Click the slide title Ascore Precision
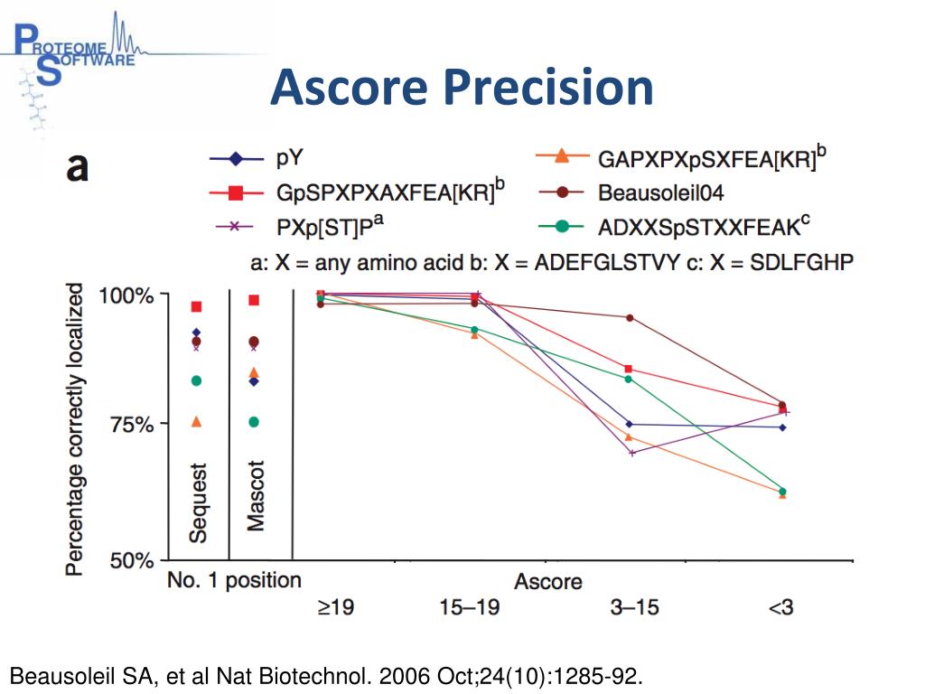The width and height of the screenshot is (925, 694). coord(462,89)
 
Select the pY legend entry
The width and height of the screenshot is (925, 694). coord(289,160)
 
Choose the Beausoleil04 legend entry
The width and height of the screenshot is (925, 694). coord(660,192)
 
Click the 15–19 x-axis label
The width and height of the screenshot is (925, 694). coord(469,608)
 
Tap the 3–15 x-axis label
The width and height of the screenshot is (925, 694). coord(629,608)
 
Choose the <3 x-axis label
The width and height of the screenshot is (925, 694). coord(780,608)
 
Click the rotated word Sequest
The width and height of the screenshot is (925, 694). coord(198,502)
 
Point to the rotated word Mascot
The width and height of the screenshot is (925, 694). coord(256,496)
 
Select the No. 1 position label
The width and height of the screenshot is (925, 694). coord(233,580)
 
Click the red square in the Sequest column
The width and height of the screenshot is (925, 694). coord(196,306)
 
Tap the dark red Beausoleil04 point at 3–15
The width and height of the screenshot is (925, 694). coord(629,317)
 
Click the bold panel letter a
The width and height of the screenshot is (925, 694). coord(77,167)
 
